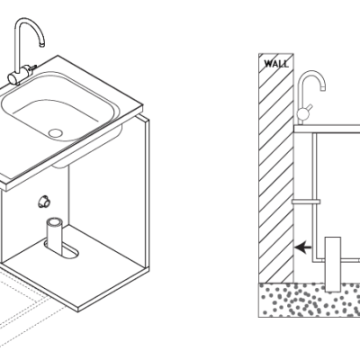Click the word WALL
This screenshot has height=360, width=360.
click(x=276, y=64)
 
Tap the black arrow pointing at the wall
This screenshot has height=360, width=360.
click(x=302, y=247)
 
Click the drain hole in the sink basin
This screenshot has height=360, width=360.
click(x=56, y=133)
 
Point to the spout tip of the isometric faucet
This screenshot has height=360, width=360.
click(x=42, y=45)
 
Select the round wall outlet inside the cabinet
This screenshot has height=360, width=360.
click(x=44, y=202)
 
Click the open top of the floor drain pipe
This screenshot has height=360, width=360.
click(x=55, y=223)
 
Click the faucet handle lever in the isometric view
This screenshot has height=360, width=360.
click(x=32, y=67)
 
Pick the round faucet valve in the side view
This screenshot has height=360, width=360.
click(x=302, y=113)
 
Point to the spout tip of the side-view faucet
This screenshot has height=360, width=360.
click(x=323, y=88)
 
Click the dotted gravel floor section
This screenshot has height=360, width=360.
click(x=310, y=300)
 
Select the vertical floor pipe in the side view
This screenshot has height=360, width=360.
click(x=333, y=264)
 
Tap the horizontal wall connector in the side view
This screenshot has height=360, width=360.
click(x=306, y=202)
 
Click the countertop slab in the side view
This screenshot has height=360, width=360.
click(x=327, y=130)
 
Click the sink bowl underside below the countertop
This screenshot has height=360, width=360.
click(x=87, y=147)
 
